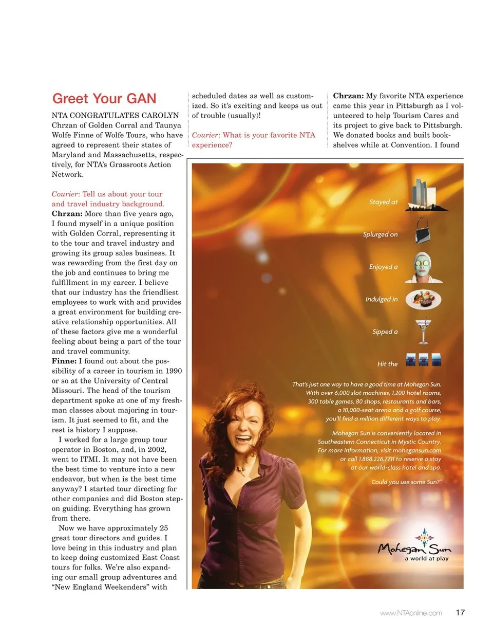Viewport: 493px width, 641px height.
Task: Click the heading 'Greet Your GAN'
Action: [x=104, y=98]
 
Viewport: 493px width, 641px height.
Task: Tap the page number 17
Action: [x=460, y=612]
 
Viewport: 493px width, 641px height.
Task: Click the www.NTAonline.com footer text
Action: [x=411, y=613]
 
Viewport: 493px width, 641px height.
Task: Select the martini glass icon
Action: [x=423, y=332]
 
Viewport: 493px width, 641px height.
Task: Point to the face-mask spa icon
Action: [x=424, y=267]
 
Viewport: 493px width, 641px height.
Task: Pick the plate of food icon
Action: [x=423, y=299]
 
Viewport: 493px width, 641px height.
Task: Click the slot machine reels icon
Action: [x=423, y=360]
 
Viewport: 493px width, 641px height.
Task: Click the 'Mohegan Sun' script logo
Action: [x=414, y=549]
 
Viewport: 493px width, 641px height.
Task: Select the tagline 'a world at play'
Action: [x=426, y=558]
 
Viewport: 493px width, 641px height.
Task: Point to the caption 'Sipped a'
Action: [x=385, y=332]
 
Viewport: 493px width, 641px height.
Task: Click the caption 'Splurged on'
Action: [x=380, y=234]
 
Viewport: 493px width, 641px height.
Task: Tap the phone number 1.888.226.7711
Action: [x=376, y=459]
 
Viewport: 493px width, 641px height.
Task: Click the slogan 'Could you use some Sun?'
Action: [x=406, y=482]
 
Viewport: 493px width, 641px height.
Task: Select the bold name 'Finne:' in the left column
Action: [x=64, y=361]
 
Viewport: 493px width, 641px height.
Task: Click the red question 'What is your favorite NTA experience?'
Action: [x=253, y=140]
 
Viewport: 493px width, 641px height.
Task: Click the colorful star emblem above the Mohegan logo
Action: [x=424, y=537]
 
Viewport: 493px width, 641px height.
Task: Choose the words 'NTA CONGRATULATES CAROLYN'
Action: [x=115, y=115]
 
